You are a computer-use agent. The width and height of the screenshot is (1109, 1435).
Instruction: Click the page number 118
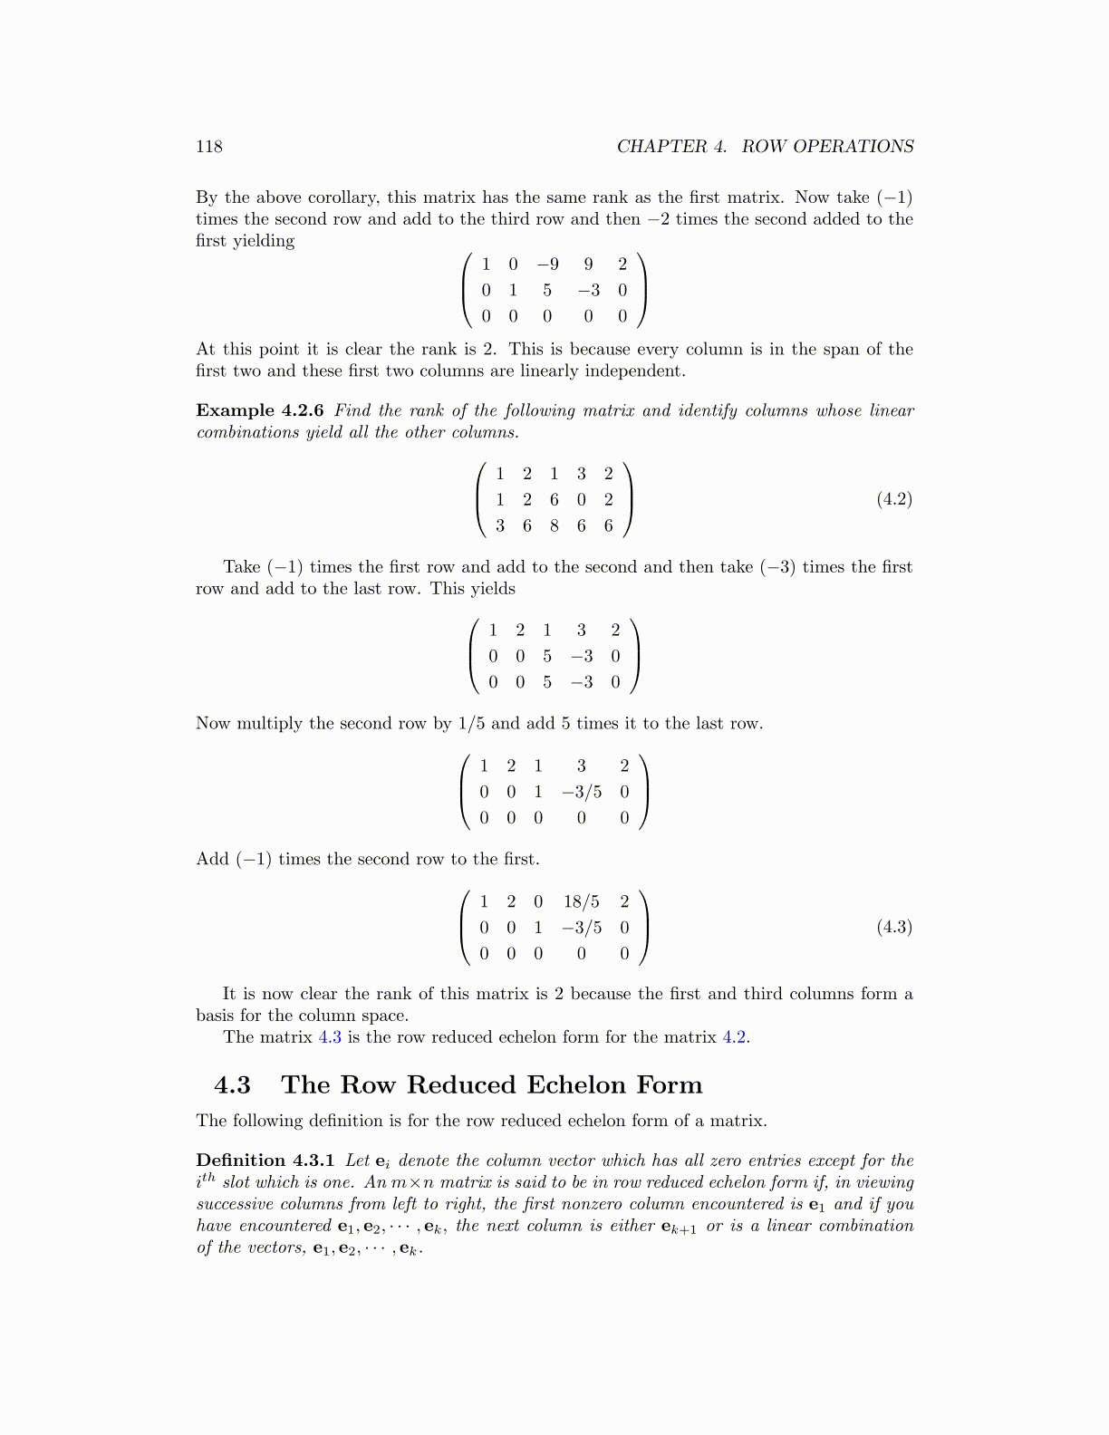pyautogui.click(x=208, y=147)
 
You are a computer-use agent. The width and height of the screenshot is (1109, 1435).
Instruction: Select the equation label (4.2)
pyautogui.click(x=893, y=499)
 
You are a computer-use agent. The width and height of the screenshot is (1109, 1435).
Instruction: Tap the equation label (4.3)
pyautogui.click(x=893, y=927)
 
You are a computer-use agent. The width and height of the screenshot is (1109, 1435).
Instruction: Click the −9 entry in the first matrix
pyautogui.click(x=547, y=265)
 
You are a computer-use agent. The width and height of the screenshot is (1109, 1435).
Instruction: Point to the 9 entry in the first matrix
pyautogui.click(x=589, y=265)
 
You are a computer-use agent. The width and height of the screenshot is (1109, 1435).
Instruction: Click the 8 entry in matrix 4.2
pyautogui.click(x=554, y=525)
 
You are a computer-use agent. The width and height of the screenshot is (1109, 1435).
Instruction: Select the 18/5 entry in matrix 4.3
pyautogui.click(x=581, y=901)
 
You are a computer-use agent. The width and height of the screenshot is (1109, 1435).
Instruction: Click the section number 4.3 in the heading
pyautogui.click(x=233, y=1084)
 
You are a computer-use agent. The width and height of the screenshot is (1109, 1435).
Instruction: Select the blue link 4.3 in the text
pyautogui.click(x=330, y=1037)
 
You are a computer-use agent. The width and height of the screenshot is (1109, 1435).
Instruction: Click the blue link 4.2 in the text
pyautogui.click(x=734, y=1037)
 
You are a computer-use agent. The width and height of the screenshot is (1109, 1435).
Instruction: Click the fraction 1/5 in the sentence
pyautogui.click(x=471, y=723)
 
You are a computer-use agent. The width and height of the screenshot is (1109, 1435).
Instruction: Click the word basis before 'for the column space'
pyautogui.click(x=215, y=1016)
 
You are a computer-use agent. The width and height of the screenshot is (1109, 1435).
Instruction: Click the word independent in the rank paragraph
pyautogui.click(x=634, y=371)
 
